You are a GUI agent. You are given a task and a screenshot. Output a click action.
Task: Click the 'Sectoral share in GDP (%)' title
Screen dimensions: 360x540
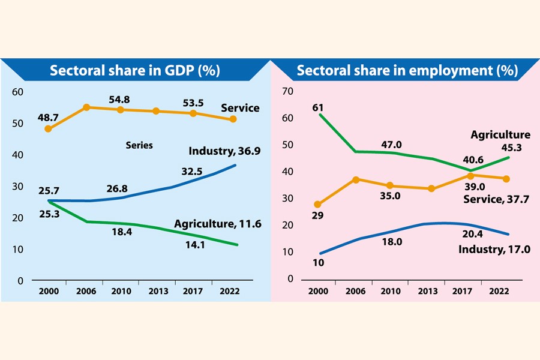click(135, 71)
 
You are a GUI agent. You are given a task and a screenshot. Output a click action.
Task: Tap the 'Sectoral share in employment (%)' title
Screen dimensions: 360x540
click(407, 71)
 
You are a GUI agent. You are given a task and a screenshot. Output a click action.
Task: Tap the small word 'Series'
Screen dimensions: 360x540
click(139, 145)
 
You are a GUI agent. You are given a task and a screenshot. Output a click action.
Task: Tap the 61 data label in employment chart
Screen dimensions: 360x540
click(318, 107)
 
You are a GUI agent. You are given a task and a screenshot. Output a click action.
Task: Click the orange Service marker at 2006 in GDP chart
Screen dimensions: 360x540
click(86, 107)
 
